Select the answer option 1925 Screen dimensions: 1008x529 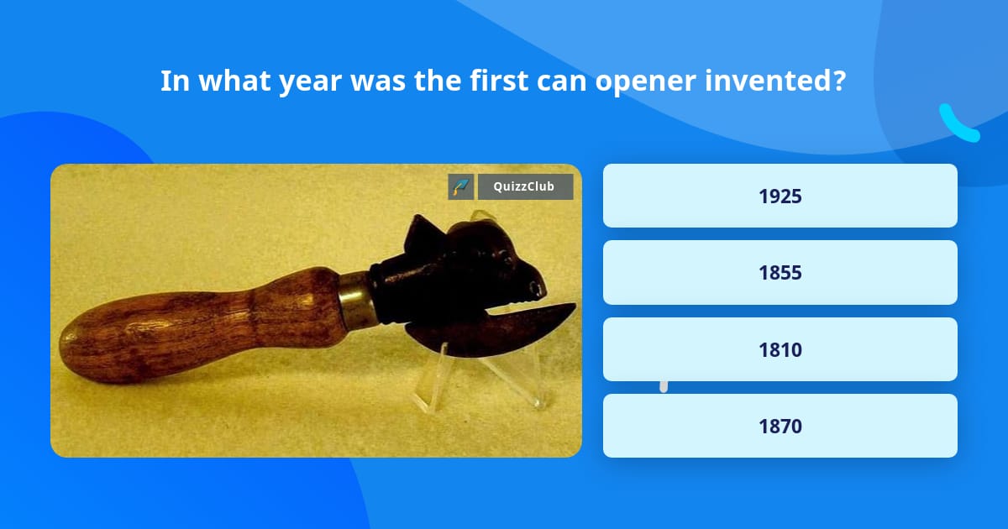[780, 196]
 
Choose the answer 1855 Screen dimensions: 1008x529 [780, 273]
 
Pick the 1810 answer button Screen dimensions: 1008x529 [780, 349]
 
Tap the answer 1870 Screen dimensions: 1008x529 [780, 426]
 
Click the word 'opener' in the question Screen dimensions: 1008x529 [645, 81]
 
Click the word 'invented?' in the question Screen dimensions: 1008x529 [775, 81]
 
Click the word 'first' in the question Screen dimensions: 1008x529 [499, 81]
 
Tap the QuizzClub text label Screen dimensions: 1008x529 [524, 186]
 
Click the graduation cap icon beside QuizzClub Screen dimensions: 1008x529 [461, 186]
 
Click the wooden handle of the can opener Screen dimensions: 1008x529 [202, 324]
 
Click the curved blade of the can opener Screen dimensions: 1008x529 [491, 329]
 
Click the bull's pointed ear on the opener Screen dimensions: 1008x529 [421, 234]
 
